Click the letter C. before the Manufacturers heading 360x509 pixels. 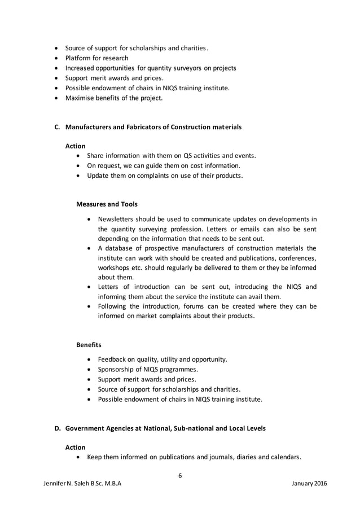[x=57, y=127]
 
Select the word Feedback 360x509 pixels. [x=113, y=359]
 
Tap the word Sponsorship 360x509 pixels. [x=118, y=369]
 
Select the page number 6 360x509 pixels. [x=180, y=475]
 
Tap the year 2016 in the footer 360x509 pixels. [x=319, y=484]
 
